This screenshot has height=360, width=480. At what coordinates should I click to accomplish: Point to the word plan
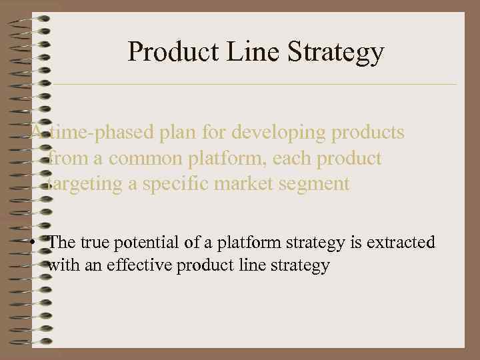pos(178,133)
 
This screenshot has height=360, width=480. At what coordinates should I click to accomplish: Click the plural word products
pos(369,133)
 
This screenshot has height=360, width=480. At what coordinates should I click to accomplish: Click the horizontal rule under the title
pos(253,85)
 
